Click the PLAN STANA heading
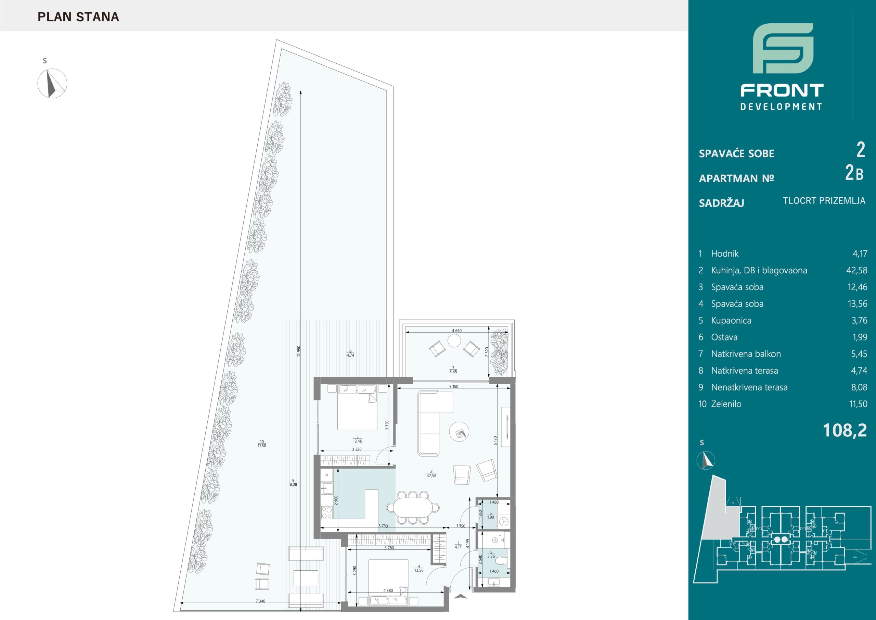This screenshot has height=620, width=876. tap(78, 17)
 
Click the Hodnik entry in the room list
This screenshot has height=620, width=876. tap(724, 254)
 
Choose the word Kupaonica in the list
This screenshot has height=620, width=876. tap(731, 321)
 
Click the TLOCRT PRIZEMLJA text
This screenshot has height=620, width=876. tap(824, 200)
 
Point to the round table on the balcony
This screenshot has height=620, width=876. tap(454, 340)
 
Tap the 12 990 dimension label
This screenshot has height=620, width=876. tap(299, 351)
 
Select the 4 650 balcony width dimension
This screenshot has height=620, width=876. tap(457, 331)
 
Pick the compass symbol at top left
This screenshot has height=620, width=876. tap(52, 83)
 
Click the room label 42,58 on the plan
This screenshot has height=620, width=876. tap(431, 475)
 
